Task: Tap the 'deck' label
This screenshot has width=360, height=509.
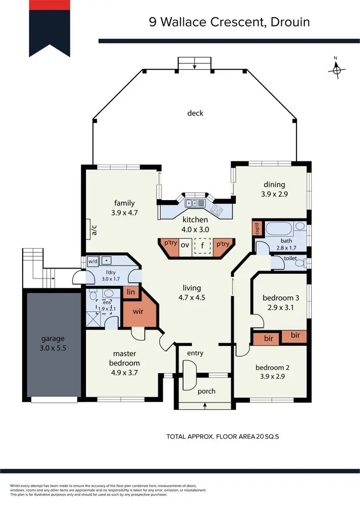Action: click(x=195, y=113)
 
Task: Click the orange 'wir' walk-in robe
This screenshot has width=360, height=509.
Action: click(x=138, y=311)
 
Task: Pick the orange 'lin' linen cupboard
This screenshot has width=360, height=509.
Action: click(x=130, y=292)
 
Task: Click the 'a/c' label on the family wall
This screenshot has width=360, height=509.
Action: click(x=94, y=230)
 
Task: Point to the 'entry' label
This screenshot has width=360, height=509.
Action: click(x=195, y=353)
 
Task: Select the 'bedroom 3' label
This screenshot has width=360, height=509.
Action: click(x=277, y=298)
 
